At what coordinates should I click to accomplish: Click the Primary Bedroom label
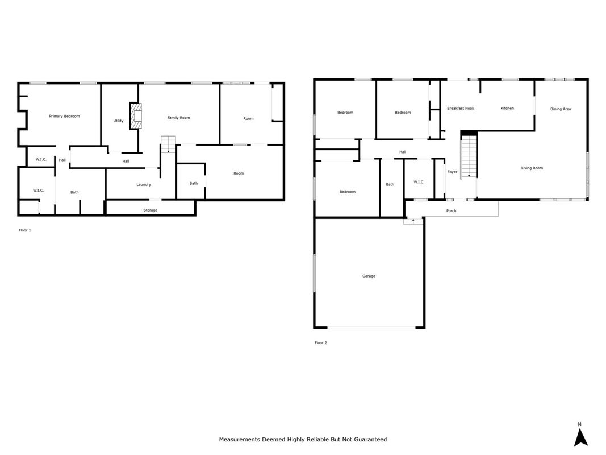tap(64, 116)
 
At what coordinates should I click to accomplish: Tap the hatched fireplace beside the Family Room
tap(136, 116)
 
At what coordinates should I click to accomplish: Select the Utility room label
tap(118, 121)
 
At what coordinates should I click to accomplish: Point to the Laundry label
tap(143, 184)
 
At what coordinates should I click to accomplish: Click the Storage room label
tap(151, 210)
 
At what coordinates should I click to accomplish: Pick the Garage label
tap(369, 276)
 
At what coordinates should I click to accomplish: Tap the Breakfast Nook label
tap(460, 108)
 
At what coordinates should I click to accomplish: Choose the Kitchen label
tap(507, 108)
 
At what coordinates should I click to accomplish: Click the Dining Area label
tap(561, 109)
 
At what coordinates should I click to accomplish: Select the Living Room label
tap(532, 168)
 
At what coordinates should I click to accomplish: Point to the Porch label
tap(451, 211)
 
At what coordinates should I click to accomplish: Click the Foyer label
tap(452, 172)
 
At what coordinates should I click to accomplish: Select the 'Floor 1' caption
tap(25, 230)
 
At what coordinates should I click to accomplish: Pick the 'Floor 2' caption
tap(321, 343)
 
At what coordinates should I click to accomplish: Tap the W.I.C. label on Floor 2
tap(419, 182)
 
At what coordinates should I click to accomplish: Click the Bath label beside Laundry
tap(194, 183)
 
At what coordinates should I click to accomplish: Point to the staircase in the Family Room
tap(168, 144)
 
